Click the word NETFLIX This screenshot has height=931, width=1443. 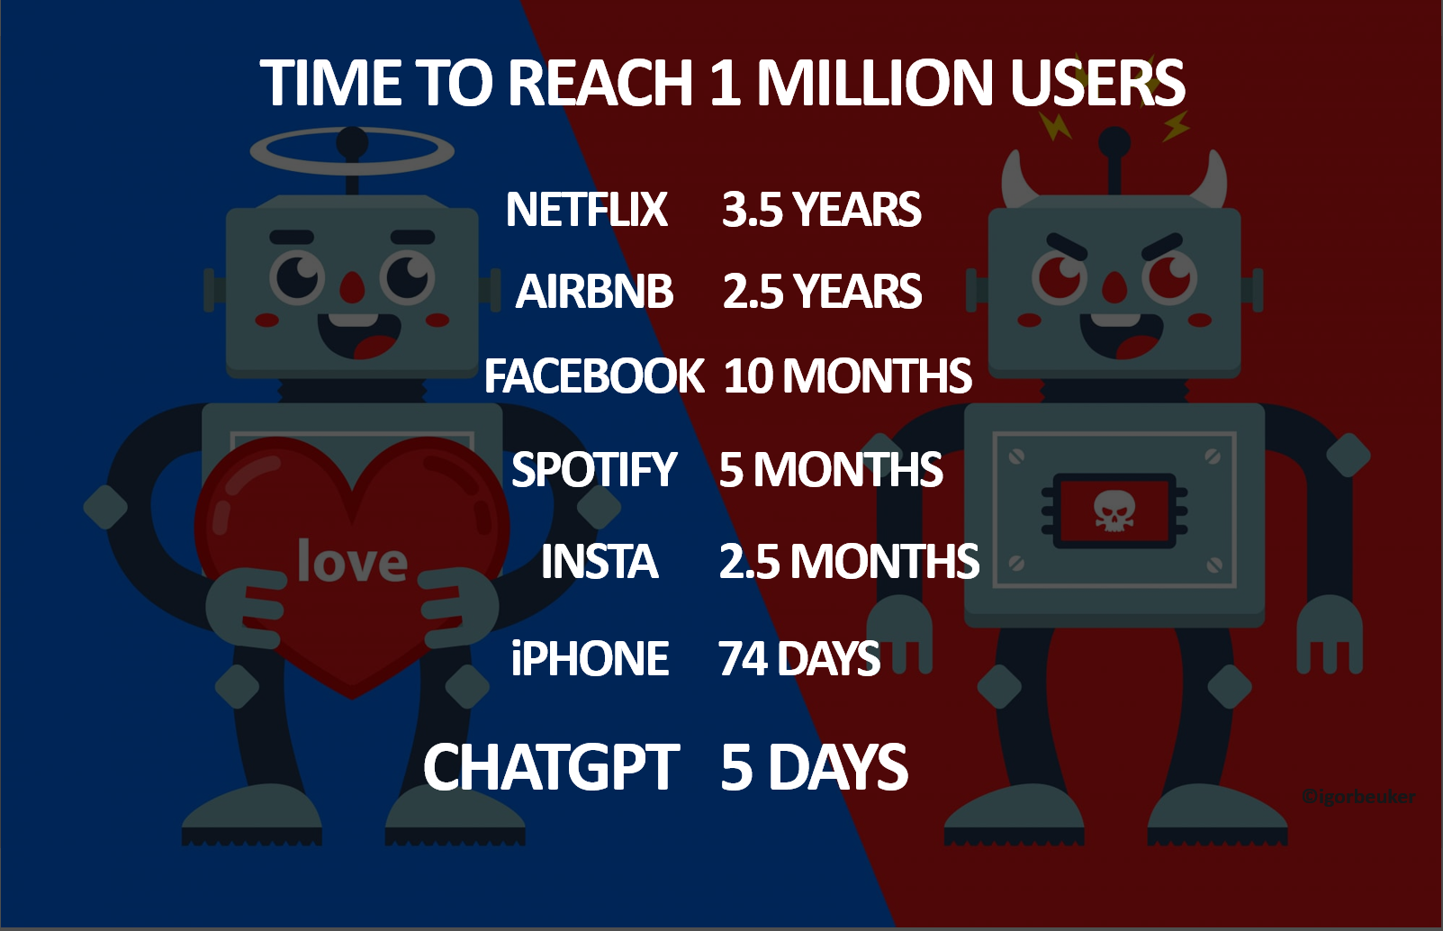(586, 210)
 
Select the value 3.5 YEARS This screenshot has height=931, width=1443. (821, 210)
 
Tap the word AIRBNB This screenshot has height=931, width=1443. (594, 292)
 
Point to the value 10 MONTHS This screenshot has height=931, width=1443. (847, 375)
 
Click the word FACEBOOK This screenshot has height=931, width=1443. (594, 375)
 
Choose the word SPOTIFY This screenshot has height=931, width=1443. (594, 470)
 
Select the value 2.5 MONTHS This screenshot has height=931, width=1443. (848, 562)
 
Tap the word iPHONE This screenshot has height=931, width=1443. (590, 659)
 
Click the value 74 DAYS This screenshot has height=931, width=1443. (798, 659)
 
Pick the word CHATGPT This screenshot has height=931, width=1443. (551, 768)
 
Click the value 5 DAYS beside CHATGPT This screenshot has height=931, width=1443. (814, 768)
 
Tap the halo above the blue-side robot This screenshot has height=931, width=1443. (352, 151)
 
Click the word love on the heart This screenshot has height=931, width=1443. (352, 562)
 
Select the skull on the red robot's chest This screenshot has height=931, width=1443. (1114, 511)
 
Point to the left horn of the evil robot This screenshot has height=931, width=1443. (1016, 181)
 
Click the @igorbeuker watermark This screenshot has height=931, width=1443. (1358, 797)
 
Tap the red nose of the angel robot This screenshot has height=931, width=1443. (352, 288)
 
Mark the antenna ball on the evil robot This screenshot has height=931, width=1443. (1114, 141)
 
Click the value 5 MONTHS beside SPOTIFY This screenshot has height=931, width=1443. (830, 470)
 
